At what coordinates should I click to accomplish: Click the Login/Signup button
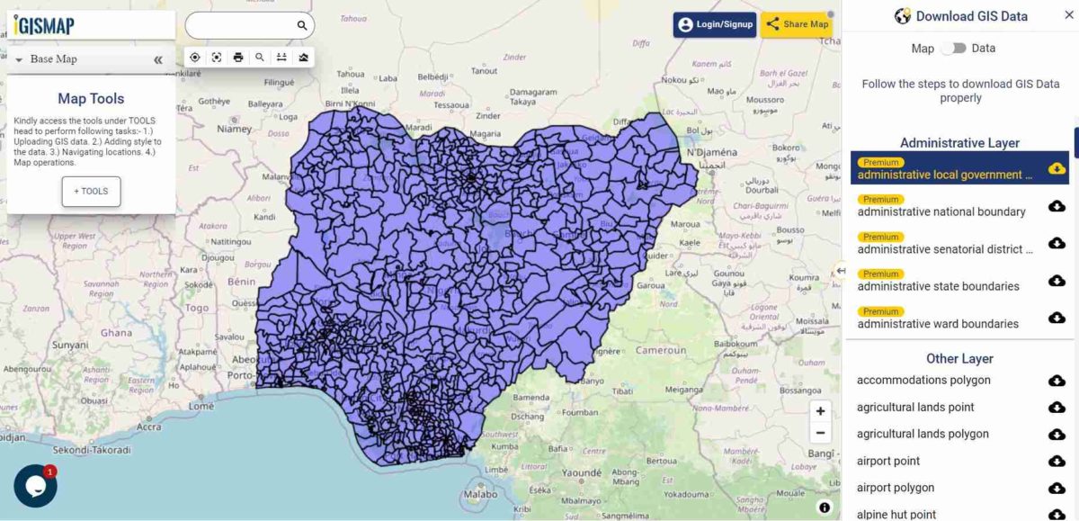(714, 24)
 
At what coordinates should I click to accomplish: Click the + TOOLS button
(91, 192)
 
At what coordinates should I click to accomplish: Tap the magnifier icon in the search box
(302, 25)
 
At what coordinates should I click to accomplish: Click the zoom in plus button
(820, 410)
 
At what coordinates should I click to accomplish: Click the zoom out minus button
(820, 433)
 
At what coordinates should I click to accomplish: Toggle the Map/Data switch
(953, 49)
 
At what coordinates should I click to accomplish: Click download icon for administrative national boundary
(1057, 206)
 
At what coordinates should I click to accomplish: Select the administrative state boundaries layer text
(938, 286)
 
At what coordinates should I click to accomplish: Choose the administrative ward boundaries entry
(938, 324)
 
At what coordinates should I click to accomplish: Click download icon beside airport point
(1057, 462)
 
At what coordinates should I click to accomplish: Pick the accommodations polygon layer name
(923, 381)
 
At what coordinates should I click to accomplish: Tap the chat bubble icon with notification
(35, 486)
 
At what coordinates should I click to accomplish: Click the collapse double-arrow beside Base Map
(158, 59)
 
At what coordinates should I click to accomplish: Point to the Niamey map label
(234, 129)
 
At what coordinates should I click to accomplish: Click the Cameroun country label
(661, 350)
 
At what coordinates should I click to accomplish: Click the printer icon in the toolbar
(238, 58)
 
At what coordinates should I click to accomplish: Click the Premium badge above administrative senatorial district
(881, 237)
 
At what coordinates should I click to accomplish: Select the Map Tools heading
(91, 99)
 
